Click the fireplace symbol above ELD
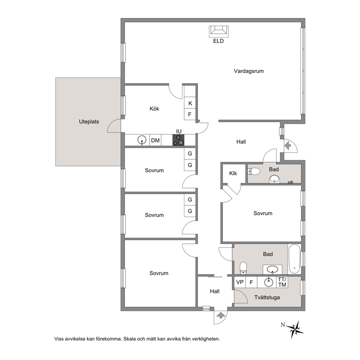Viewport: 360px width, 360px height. point(218,31)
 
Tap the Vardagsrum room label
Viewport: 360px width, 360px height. point(249,71)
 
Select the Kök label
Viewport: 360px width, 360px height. point(154,109)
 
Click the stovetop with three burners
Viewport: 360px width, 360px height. point(179,140)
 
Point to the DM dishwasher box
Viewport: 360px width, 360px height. point(155,140)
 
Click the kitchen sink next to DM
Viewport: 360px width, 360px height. point(142,140)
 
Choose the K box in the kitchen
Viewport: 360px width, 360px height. point(190,103)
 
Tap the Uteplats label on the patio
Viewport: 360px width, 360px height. point(89,122)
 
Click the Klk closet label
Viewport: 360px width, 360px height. point(233,173)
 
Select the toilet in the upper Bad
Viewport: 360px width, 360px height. point(253,171)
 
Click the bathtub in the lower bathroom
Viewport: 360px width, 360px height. point(294,259)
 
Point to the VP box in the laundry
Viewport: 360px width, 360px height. point(240,282)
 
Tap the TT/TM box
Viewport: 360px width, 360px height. point(282,282)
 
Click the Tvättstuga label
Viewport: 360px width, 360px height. point(267,298)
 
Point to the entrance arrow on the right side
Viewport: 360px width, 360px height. point(288,145)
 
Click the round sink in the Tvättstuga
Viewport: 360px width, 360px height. point(269,282)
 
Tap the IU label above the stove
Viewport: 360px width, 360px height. point(179,131)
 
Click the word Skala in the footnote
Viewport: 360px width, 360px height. point(130,339)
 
